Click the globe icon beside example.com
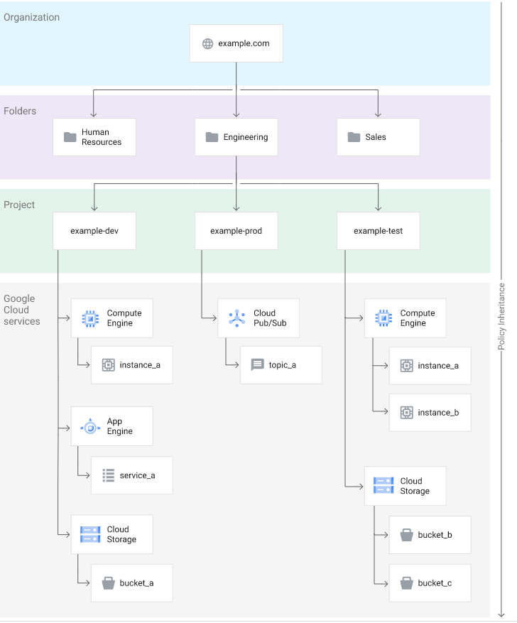pos(207,44)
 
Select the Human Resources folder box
pos(94,137)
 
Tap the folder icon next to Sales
pos(354,137)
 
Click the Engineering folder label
pos(246,137)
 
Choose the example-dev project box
pos(94,231)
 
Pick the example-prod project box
pos(236,231)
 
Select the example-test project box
pos(379,231)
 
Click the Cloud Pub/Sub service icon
pos(237,318)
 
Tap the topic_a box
pos(281,364)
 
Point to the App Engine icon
pos(90,428)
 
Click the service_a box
pos(132,475)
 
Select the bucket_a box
pos(132,583)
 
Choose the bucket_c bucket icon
pos(407,583)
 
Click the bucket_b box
pos(430,535)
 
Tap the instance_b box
pos(430,413)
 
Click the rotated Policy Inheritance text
pos(501,316)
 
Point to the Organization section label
pos(32,18)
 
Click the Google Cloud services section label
pos(22,310)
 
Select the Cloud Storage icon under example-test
pos(383,485)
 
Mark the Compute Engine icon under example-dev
pos(90,319)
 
